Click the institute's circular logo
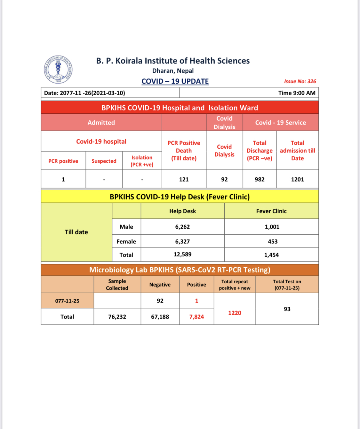[x=58, y=69]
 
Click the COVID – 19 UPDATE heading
[x=175, y=81]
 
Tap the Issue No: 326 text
[x=300, y=81]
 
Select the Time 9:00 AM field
[x=297, y=93]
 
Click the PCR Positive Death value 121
[x=184, y=179]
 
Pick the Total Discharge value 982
[x=260, y=179]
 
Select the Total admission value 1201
[x=297, y=179]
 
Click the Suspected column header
[x=104, y=161]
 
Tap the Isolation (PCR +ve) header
[x=142, y=161]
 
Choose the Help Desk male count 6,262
[x=182, y=227]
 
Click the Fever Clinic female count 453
[x=273, y=241]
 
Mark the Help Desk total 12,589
[x=182, y=255]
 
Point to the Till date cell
[x=76, y=232]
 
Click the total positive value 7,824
[x=196, y=317]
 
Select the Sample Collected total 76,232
[x=117, y=317]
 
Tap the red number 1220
[x=235, y=313]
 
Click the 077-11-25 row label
[x=67, y=301]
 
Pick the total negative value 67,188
[x=160, y=317]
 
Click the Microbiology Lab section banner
[x=180, y=270]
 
